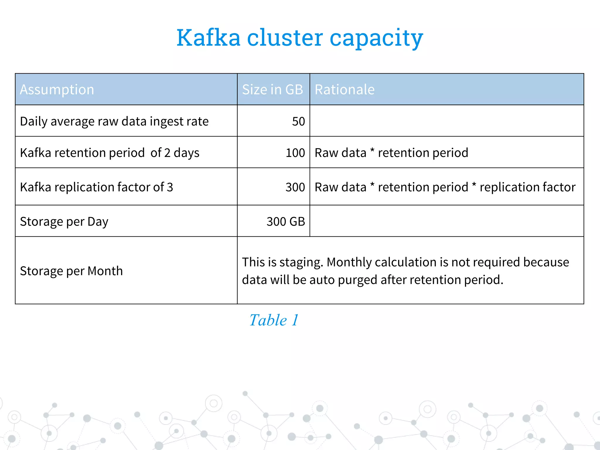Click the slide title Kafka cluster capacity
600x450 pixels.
(300, 38)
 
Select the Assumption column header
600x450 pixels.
(57, 89)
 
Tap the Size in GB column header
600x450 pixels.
(272, 89)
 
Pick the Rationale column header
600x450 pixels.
(345, 89)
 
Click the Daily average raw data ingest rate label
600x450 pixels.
(114, 121)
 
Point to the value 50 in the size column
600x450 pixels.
(298, 121)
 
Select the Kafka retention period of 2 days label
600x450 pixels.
(110, 153)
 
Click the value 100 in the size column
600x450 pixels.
(295, 153)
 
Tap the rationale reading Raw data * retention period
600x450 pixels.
(391, 153)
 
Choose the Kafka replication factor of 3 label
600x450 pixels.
(96, 187)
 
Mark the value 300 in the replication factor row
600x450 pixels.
(295, 187)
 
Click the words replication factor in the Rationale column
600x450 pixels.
(527, 187)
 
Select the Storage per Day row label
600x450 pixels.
(64, 221)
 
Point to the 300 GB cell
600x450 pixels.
(286, 221)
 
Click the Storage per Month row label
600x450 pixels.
(71, 271)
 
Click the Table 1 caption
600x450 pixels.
(274, 320)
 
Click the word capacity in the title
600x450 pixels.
(376, 38)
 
